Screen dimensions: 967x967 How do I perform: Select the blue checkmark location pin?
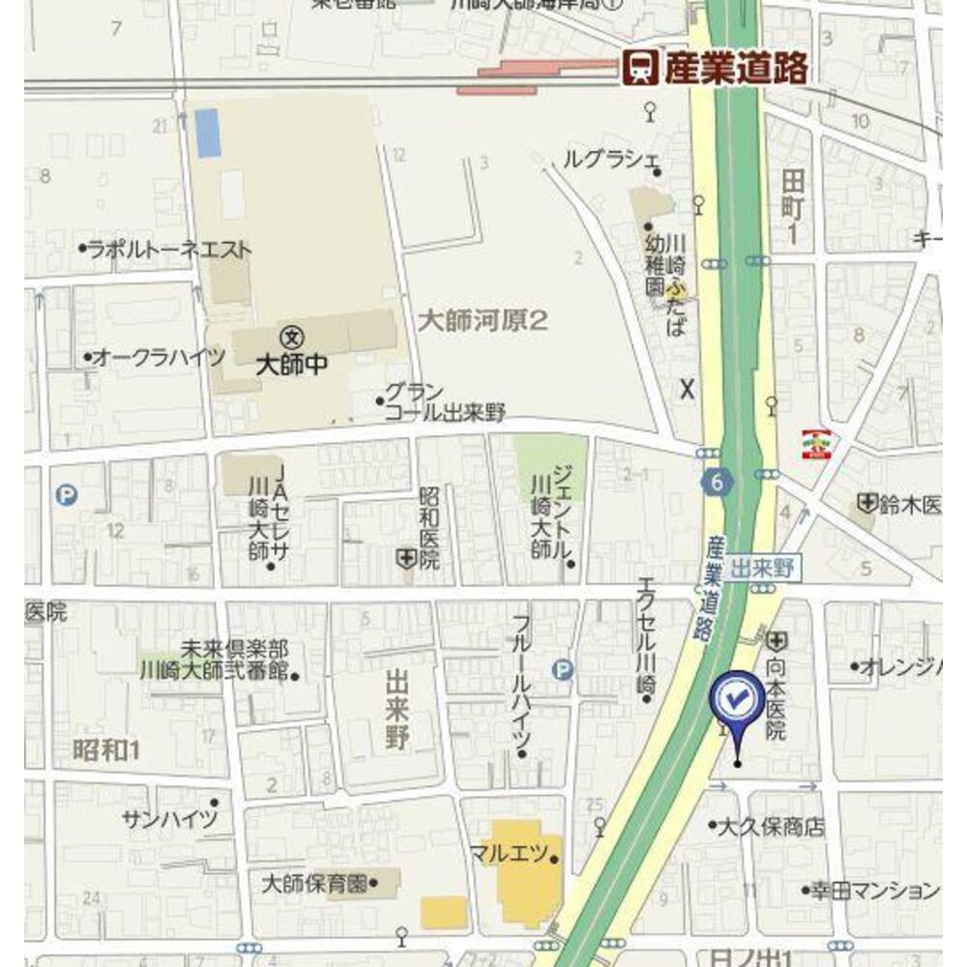pyautogui.click(x=737, y=701)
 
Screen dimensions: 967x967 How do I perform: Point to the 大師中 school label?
pyautogui.click(x=288, y=365)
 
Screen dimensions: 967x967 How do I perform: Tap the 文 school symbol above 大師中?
pyautogui.click(x=288, y=337)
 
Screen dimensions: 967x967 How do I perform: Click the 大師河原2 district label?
pyautogui.click(x=483, y=320)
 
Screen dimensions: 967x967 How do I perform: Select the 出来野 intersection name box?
pyautogui.click(x=761, y=569)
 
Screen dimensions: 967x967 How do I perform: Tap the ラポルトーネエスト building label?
pyautogui.click(x=169, y=249)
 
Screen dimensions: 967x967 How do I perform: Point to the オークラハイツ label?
pyautogui.click(x=159, y=357)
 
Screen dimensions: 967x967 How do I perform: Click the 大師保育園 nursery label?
pyautogui.click(x=315, y=883)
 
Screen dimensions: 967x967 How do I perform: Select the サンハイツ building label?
pyautogui.click(x=170, y=819)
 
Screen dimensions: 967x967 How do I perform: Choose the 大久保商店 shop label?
pyautogui.click(x=770, y=827)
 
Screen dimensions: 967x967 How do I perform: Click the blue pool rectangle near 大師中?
pyautogui.click(x=208, y=133)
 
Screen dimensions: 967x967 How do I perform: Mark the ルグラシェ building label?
pyautogui.click(x=611, y=160)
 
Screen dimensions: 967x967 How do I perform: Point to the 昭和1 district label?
pyautogui.click(x=106, y=748)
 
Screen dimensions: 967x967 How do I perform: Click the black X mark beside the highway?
pyautogui.click(x=688, y=389)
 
